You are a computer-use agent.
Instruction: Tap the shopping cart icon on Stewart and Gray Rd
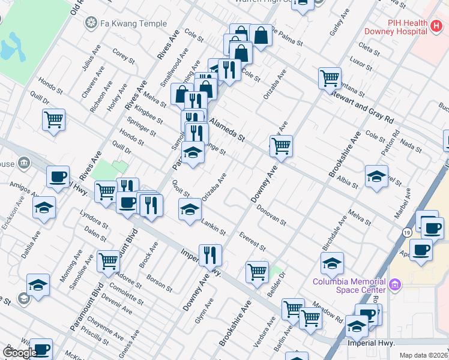tap(330, 78)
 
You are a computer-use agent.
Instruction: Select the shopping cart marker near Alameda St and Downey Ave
tap(281, 145)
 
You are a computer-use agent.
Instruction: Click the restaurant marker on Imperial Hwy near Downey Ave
tap(210, 254)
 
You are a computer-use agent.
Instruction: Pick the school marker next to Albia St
tap(376, 176)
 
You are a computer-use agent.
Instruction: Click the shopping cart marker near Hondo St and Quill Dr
tap(54, 119)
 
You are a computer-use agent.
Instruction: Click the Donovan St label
tap(271, 215)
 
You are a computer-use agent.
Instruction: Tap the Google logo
tap(20, 353)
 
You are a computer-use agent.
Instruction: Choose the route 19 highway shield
tap(407, 232)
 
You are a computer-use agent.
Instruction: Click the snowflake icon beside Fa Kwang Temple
tap(91, 23)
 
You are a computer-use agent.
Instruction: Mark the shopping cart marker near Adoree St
tap(108, 261)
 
